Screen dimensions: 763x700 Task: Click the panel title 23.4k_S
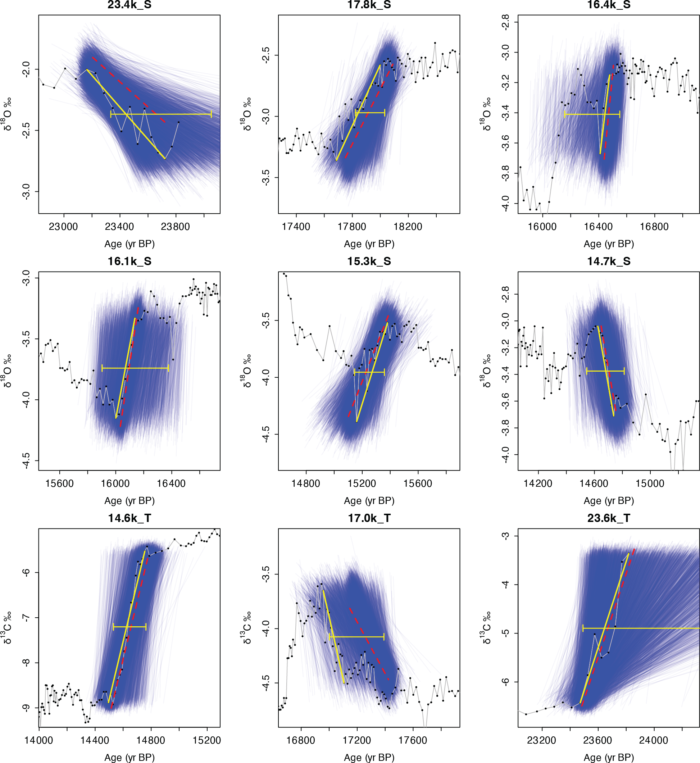[x=129, y=5]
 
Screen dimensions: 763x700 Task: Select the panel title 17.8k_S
[x=369, y=5]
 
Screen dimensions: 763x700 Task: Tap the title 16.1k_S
[x=129, y=262]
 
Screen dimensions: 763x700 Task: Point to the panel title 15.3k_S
[x=369, y=262]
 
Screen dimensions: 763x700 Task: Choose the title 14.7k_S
[x=609, y=262]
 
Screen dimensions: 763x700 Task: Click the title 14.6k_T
[x=129, y=518]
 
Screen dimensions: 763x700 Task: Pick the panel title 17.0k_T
[x=369, y=518]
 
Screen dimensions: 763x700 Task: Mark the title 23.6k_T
[x=609, y=518]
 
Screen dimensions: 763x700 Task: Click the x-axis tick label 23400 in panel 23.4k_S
[x=119, y=227]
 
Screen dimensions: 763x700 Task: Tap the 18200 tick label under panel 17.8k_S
[x=408, y=227]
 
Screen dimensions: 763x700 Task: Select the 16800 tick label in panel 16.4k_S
[x=654, y=227]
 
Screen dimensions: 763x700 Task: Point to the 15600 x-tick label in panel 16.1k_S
[x=59, y=484]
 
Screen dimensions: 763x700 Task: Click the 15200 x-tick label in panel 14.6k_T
[x=207, y=740]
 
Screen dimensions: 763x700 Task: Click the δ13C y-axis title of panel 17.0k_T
[x=247, y=627]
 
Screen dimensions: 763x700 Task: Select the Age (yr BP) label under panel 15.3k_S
[x=369, y=501]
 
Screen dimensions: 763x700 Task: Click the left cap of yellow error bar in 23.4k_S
[x=110, y=114]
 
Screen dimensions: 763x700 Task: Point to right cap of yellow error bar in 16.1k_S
[x=168, y=368]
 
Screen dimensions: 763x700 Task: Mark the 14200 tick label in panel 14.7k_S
[x=538, y=484]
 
